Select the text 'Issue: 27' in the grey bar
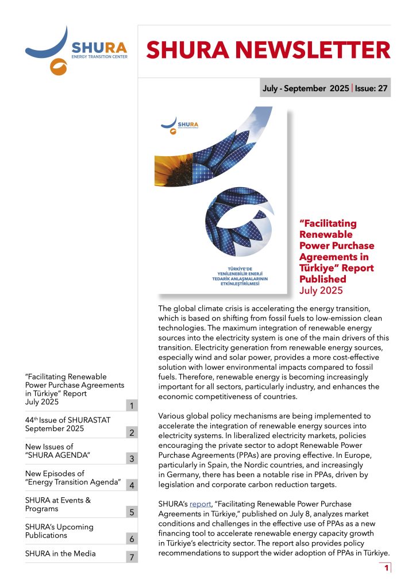point(371,88)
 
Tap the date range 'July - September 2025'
point(305,88)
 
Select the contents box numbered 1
point(132,406)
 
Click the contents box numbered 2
point(132,432)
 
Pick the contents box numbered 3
point(132,459)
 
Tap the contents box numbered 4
point(132,485)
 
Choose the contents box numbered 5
point(132,512)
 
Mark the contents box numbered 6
point(132,538)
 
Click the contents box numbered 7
point(132,558)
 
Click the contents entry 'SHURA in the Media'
point(60,554)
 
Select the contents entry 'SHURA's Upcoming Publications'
point(59,531)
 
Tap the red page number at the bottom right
point(387,568)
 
